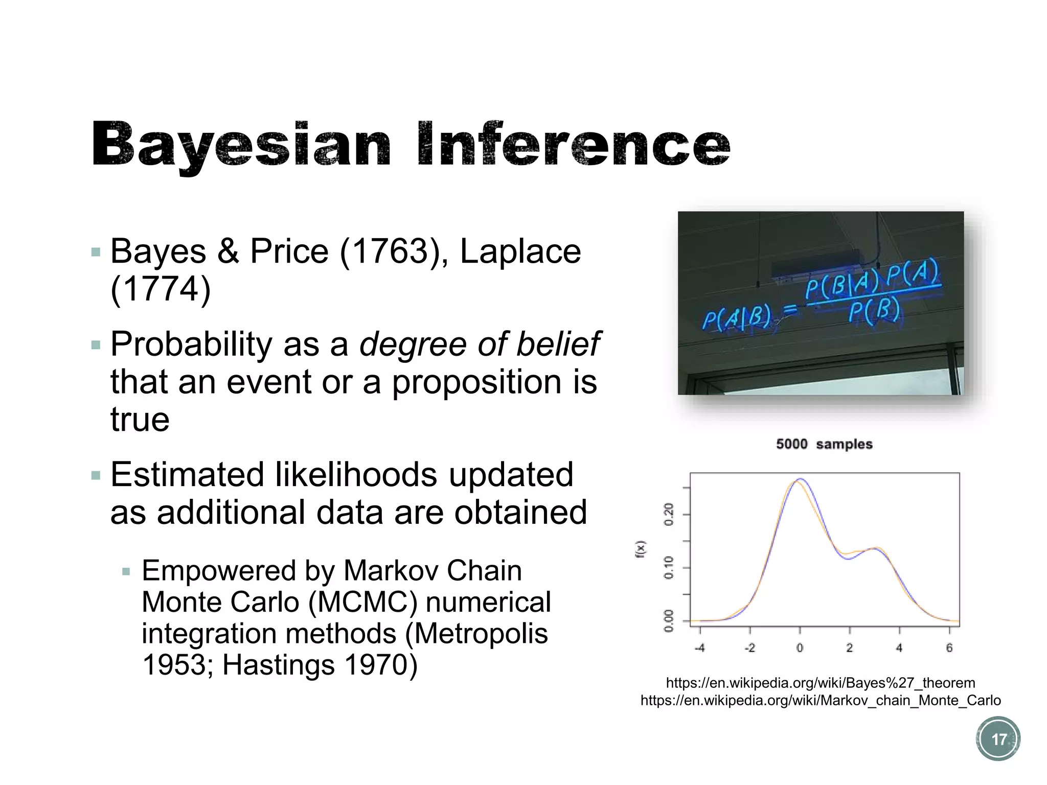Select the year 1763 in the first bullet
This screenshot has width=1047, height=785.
click(384, 251)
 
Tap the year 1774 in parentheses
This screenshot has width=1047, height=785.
click(161, 289)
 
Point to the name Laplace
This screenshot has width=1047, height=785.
click(520, 251)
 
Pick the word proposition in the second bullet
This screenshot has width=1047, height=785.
click(477, 382)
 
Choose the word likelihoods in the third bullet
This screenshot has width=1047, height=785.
click(356, 474)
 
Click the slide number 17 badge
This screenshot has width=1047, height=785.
click(998, 739)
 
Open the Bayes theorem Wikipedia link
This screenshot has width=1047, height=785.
click(821, 683)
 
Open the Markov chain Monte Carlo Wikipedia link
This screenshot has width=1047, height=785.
click(821, 700)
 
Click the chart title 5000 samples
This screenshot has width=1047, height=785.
click(824, 444)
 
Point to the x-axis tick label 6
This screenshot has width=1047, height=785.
click(949, 648)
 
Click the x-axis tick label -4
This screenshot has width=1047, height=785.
click(700, 648)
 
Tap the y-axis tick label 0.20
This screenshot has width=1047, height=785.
click(669, 514)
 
